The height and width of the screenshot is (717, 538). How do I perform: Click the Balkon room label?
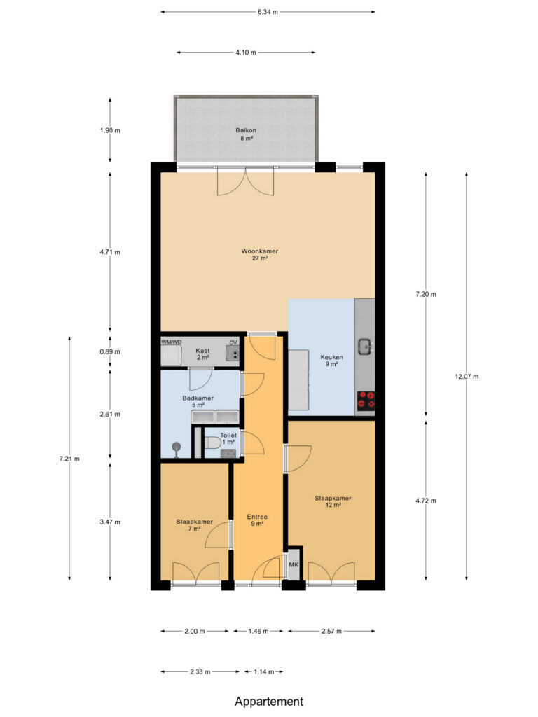click(x=246, y=130)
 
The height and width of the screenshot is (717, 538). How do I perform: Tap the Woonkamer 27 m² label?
click(x=259, y=255)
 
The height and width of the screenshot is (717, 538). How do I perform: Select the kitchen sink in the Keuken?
click(x=365, y=346)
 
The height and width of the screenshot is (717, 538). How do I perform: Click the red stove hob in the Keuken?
click(x=366, y=399)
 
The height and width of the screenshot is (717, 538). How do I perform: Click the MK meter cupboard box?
click(x=294, y=564)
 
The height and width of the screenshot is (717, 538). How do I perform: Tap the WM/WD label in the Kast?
click(x=172, y=342)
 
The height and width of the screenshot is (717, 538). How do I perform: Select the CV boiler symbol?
click(x=233, y=354)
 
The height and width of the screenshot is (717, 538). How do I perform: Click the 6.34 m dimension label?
click(x=268, y=12)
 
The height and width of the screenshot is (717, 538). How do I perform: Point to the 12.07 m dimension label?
click(x=467, y=376)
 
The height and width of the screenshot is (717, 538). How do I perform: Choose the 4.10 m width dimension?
click(x=246, y=53)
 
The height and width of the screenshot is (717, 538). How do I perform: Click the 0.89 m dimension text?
click(x=110, y=351)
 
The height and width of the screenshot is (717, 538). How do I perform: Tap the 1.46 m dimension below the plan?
click(x=258, y=631)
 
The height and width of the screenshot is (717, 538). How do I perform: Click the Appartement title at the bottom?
click(x=269, y=702)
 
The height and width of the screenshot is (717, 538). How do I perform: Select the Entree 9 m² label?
click(x=257, y=520)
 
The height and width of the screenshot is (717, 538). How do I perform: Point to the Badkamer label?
click(x=198, y=398)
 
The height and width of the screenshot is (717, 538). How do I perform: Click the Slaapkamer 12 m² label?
click(x=333, y=501)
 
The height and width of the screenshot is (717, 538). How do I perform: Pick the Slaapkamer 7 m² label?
click(x=195, y=525)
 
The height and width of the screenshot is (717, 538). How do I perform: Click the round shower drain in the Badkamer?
click(x=176, y=447)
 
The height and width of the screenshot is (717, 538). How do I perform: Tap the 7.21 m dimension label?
click(x=69, y=459)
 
